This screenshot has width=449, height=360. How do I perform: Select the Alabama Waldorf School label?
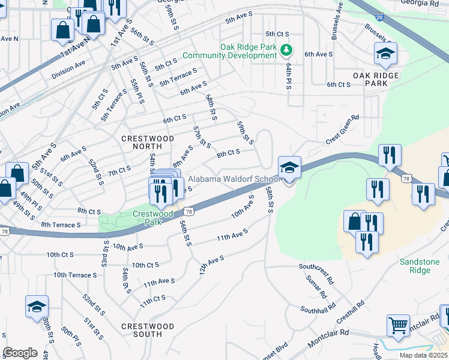(233, 179)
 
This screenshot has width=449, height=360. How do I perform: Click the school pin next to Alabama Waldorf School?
(289, 169)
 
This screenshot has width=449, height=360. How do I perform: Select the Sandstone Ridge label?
(424, 266)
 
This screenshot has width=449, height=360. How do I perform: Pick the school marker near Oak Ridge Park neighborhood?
(385, 54)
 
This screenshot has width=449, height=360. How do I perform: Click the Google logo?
(20, 353)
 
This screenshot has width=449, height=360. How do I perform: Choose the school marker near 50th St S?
(37, 307)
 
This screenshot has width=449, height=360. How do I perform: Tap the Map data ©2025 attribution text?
(423, 355)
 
